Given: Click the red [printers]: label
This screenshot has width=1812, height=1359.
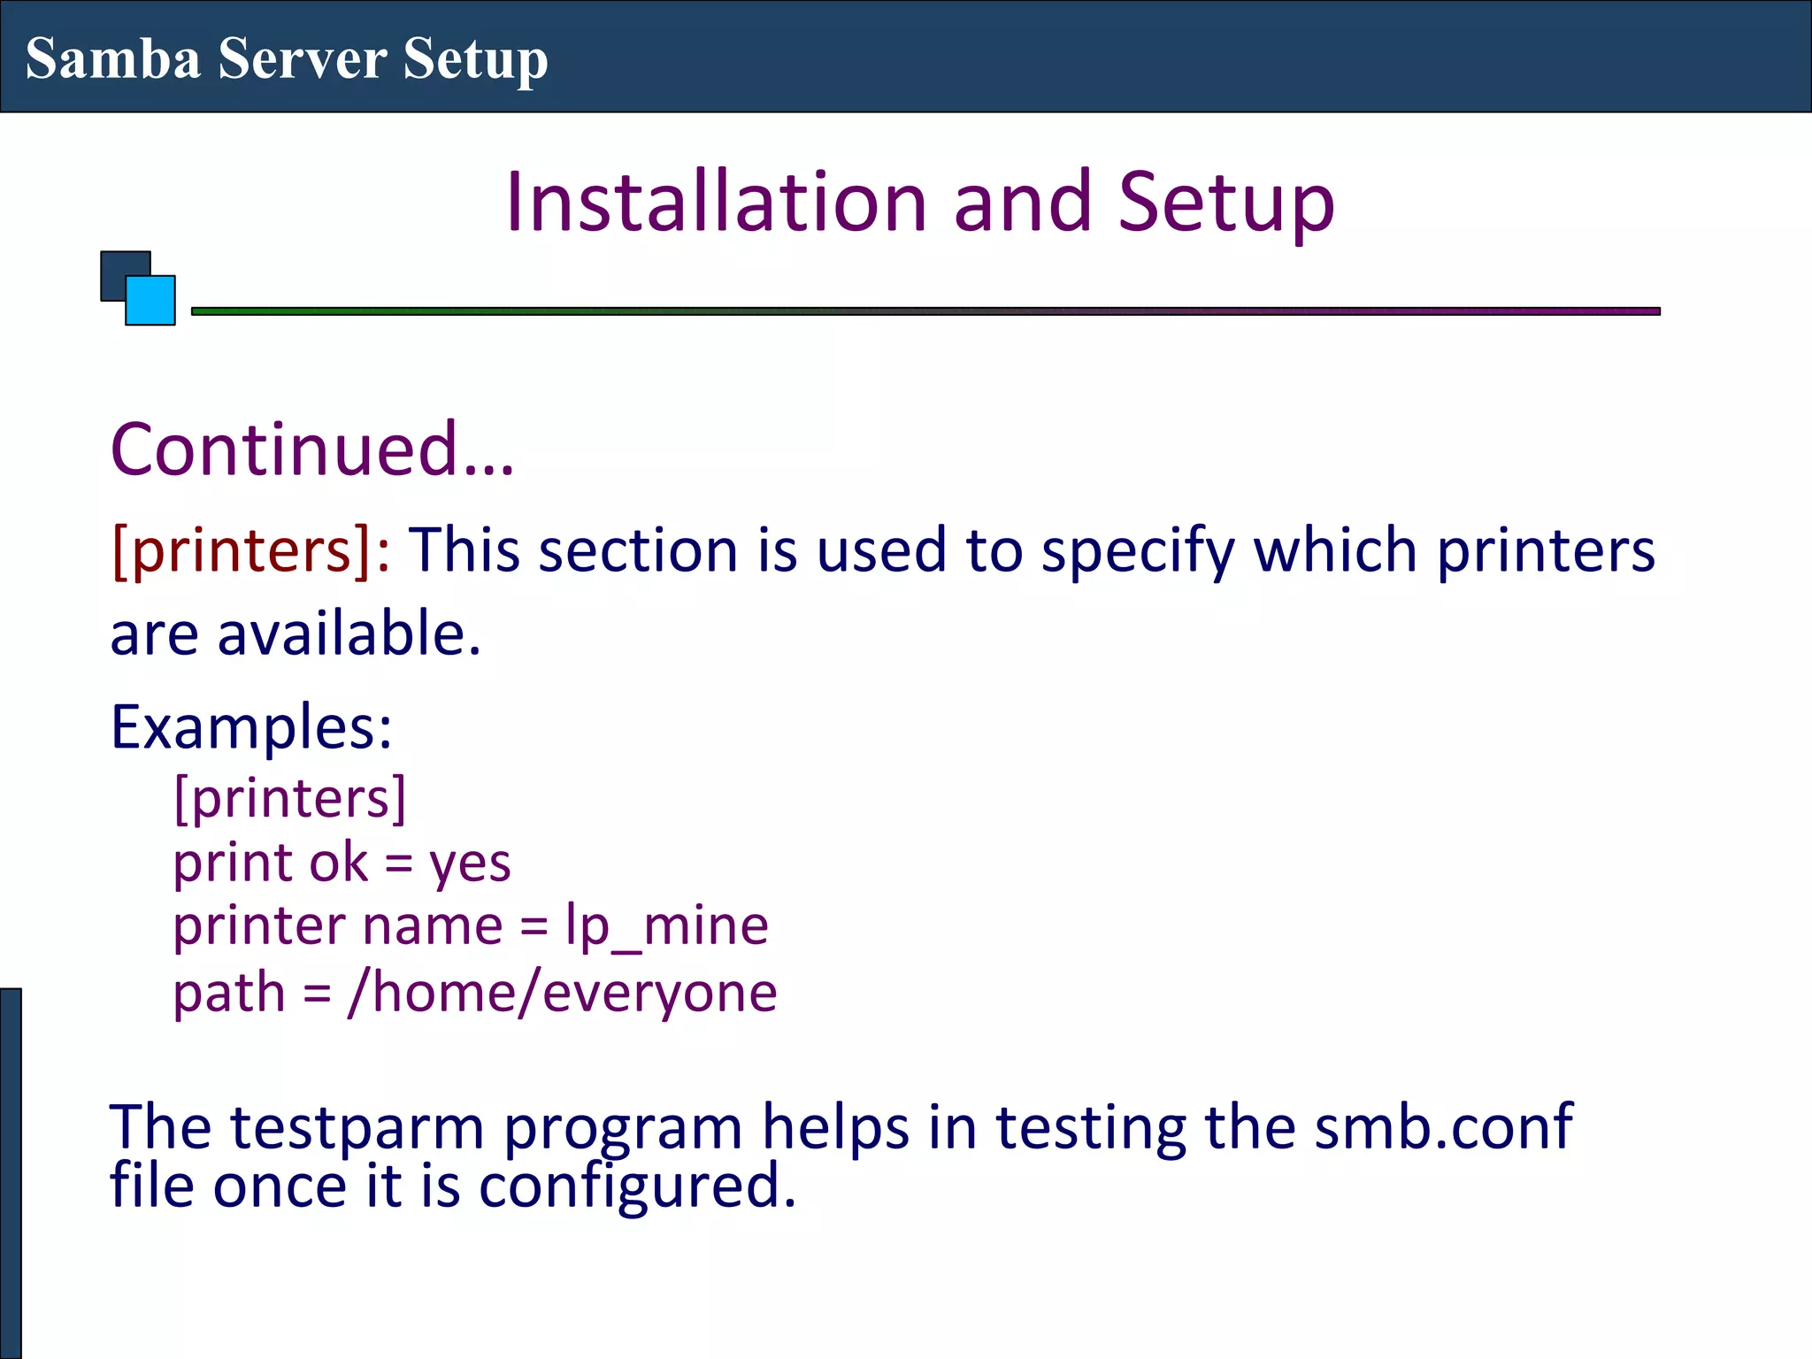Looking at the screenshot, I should pyautogui.click(x=250, y=550).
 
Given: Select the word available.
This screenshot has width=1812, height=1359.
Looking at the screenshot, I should pyautogui.click(x=349, y=634).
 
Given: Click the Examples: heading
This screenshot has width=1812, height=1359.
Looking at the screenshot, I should pyautogui.click(x=251, y=727).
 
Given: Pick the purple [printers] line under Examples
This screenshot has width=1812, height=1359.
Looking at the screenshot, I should pyautogui.click(x=289, y=798).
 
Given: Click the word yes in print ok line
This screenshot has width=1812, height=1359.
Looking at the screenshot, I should pyautogui.click(x=470, y=864).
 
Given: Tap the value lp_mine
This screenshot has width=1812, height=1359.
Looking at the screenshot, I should pyautogui.click(x=667, y=927).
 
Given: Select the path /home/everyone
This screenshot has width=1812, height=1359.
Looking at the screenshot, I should pyautogui.click(x=563, y=993).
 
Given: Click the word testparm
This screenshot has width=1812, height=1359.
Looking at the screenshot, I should pyautogui.click(x=357, y=1129).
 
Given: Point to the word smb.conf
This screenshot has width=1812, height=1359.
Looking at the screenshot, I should pyautogui.click(x=1442, y=1127).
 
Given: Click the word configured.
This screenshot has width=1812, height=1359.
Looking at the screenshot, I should pyautogui.click(x=637, y=1187).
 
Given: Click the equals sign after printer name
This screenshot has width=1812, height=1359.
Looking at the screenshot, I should pyautogui.click(x=534, y=927).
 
